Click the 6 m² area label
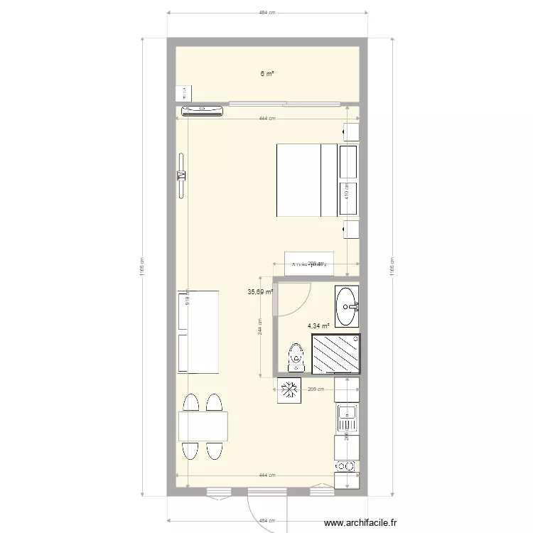[266, 73]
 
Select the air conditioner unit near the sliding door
[203, 110]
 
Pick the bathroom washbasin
[348, 306]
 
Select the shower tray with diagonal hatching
[336, 353]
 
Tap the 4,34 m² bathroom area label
[318, 326]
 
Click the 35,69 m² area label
[259, 291]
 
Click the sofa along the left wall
[197, 331]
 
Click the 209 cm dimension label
[316, 389]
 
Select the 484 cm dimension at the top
[266, 13]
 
